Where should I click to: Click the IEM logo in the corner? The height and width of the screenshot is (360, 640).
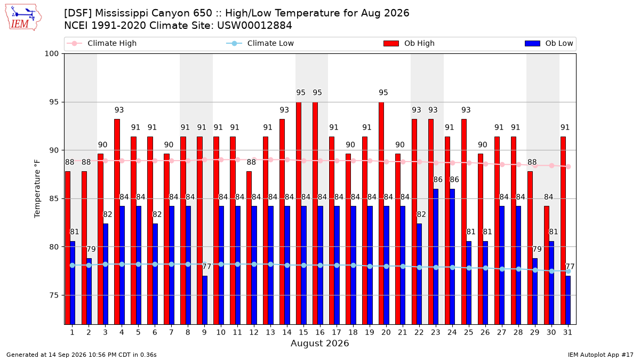(23, 18)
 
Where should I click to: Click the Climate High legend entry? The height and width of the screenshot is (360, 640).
(101, 43)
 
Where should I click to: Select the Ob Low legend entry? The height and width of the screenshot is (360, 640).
(549, 43)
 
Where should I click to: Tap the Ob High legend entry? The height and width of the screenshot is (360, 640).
(409, 43)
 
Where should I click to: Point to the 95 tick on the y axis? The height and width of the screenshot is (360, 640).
(51, 102)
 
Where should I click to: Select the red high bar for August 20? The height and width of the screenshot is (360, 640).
(381, 213)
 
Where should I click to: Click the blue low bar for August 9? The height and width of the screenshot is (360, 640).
(205, 300)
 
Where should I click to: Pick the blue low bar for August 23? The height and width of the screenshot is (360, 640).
(436, 257)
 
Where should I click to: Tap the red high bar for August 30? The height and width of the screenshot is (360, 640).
(547, 265)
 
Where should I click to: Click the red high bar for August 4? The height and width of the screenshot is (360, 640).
(117, 222)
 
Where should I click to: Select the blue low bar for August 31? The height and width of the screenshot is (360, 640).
(568, 300)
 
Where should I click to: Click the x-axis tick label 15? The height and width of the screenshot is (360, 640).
(303, 332)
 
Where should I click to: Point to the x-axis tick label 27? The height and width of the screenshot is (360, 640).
(502, 332)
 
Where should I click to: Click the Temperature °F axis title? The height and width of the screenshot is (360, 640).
(37, 189)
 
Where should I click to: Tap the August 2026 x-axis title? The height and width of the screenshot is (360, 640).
(319, 343)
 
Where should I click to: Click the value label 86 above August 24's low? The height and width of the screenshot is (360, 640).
(454, 179)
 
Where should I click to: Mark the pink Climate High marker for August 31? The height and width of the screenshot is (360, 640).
(569, 166)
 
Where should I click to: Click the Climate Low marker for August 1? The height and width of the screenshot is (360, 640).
(73, 265)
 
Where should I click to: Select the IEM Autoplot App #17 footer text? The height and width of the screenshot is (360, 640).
(601, 355)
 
